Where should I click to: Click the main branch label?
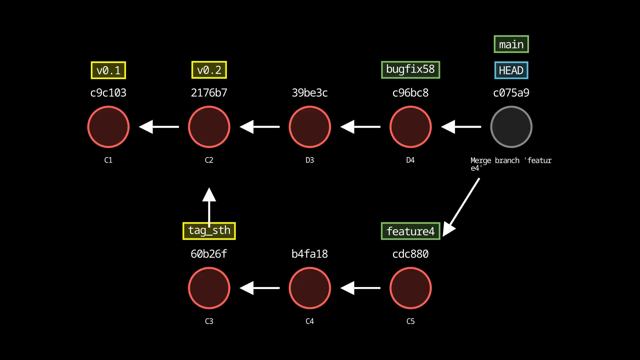pyautogui.click(x=511, y=44)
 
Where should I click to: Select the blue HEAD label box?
pyautogui.click(x=511, y=70)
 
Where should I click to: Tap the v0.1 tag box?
pyautogui.click(x=108, y=70)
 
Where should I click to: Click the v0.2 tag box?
pyautogui.click(x=209, y=70)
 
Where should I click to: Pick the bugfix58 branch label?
pyautogui.click(x=410, y=70)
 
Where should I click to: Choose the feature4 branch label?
pyautogui.click(x=410, y=231)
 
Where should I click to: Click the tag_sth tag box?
pyautogui.click(x=209, y=231)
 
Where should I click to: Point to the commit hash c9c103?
pyautogui.click(x=108, y=93)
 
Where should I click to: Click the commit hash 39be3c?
pyautogui.click(x=310, y=93)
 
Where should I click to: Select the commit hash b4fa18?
pyautogui.click(x=310, y=254)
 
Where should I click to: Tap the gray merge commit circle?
pyautogui.click(x=511, y=127)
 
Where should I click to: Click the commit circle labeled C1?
pyautogui.click(x=108, y=127)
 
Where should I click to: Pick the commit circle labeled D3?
pyautogui.click(x=310, y=127)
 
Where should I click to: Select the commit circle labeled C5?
pyautogui.click(x=410, y=288)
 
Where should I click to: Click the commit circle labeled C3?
pyautogui.click(x=209, y=288)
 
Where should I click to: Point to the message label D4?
pyautogui.click(x=410, y=160)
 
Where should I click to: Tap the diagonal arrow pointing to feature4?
pyautogui.click(x=463, y=205)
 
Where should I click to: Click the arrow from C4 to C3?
pyautogui.click(x=260, y=288)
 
